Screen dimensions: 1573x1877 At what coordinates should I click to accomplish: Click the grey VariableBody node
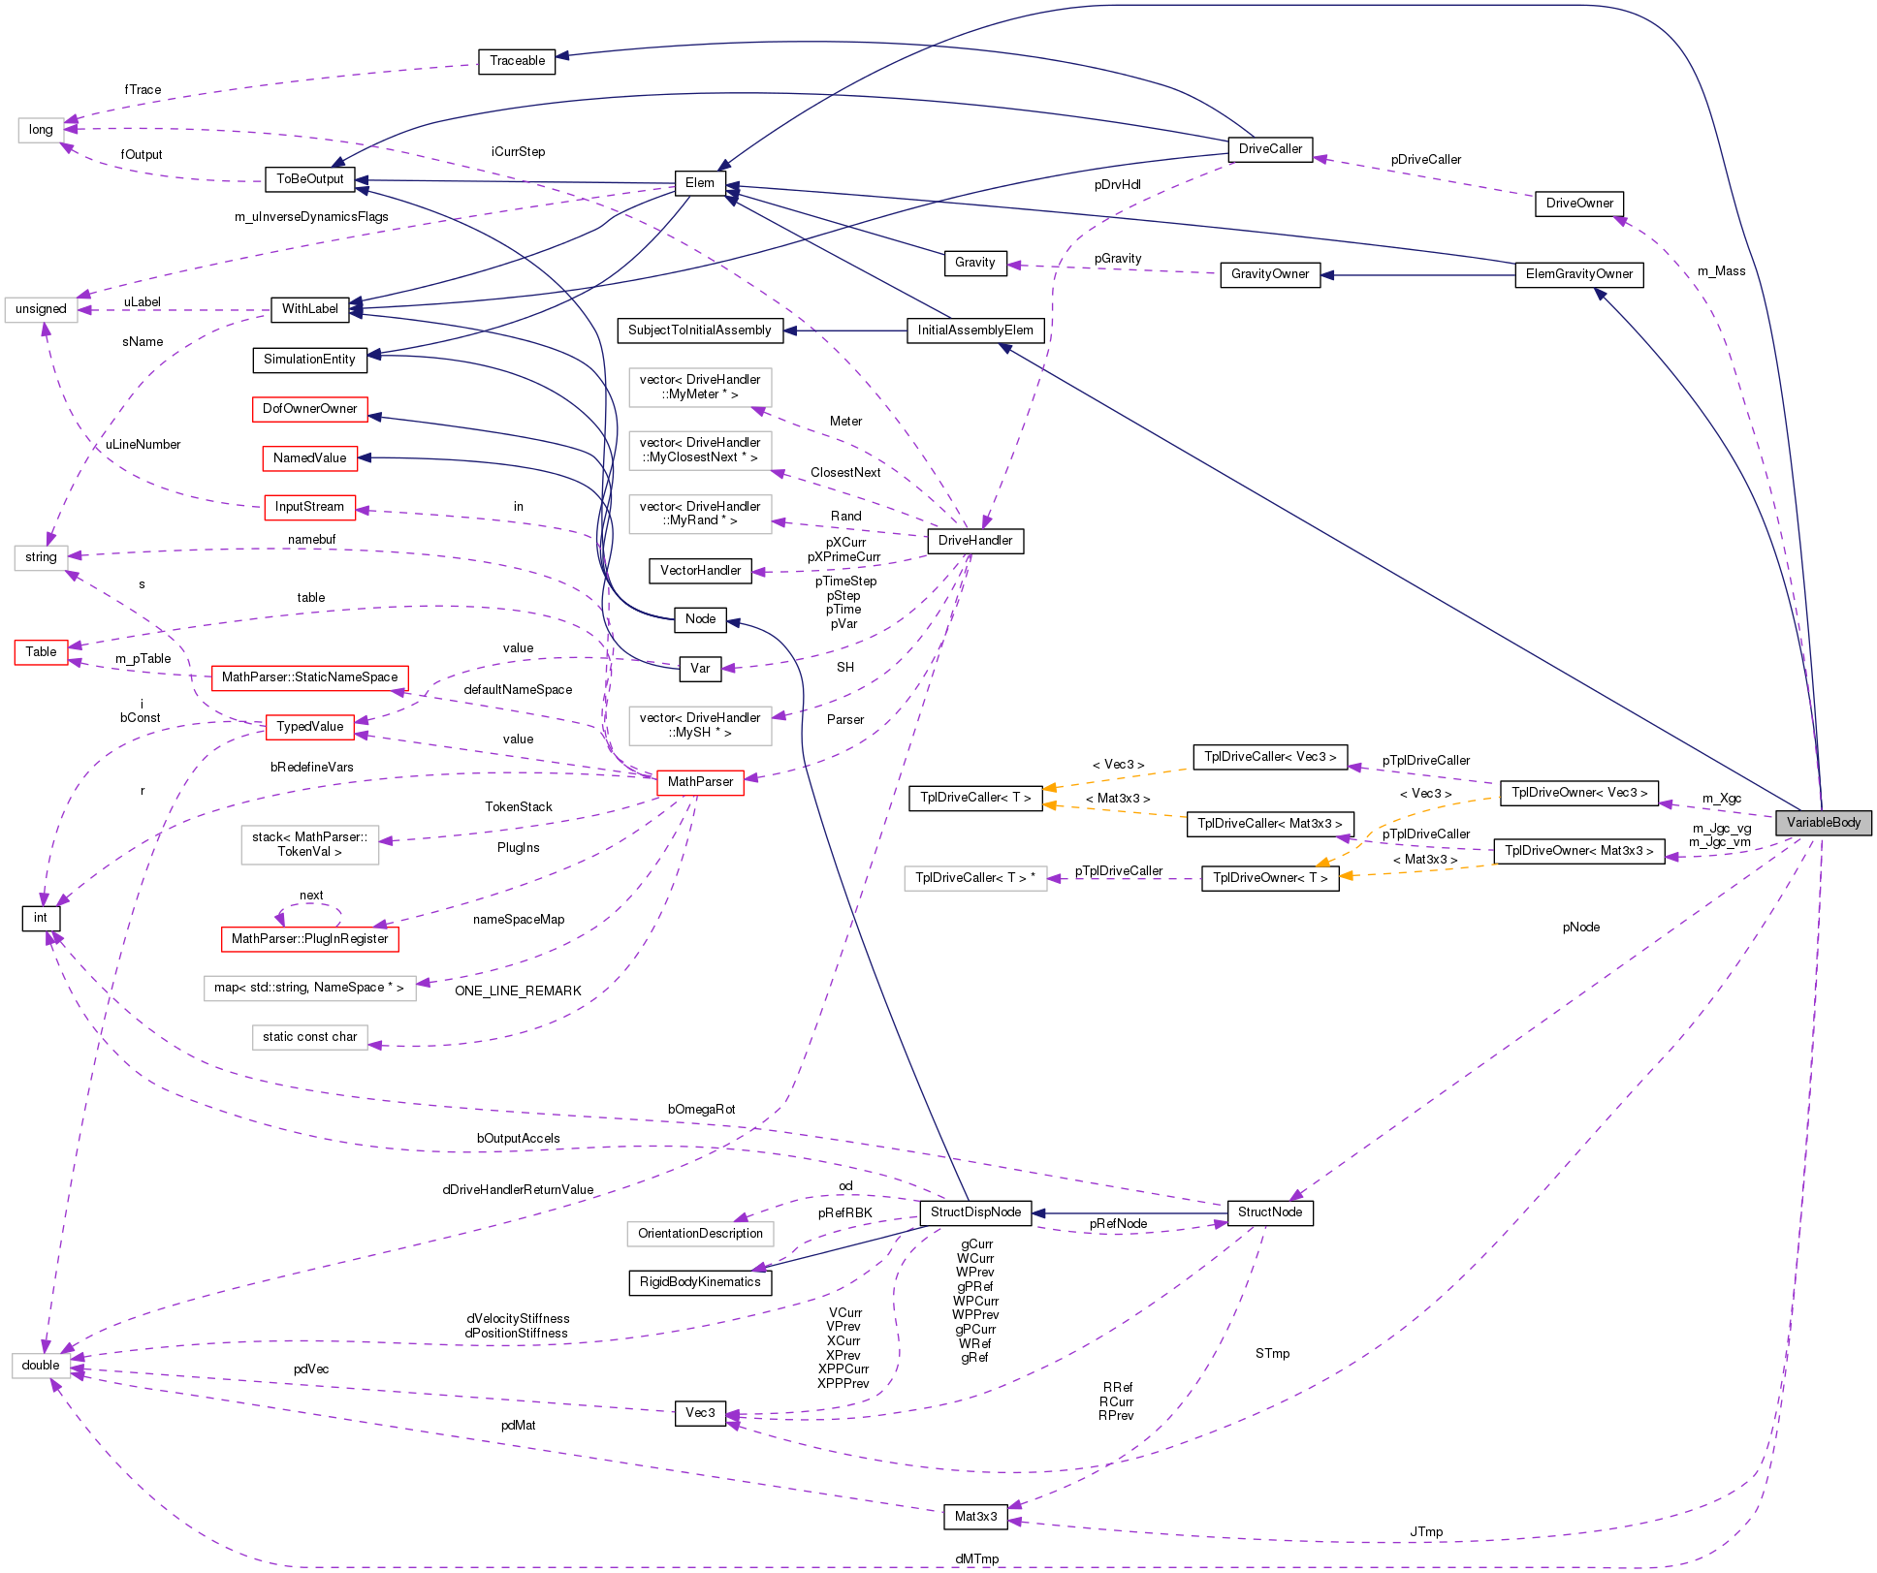pos(1823,823)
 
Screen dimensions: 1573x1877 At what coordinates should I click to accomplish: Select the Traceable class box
pos(517,61)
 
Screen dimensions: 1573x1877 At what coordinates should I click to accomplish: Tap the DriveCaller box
pos(1270,149)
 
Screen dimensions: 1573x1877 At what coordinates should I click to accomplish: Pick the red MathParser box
pos(700,782)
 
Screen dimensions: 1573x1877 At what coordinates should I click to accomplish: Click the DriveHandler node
pos(974,541)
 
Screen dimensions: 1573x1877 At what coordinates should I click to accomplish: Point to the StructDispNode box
pos(975,1212)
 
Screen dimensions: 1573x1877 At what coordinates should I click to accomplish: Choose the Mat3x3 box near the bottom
pos(975,1517)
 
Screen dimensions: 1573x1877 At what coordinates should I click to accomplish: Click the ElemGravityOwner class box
pos(1578,274)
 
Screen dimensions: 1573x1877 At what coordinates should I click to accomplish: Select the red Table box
pos(41,652)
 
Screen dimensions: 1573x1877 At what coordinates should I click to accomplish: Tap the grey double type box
pos(41,1366)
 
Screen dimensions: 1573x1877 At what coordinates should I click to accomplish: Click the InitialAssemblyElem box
pos(975,330)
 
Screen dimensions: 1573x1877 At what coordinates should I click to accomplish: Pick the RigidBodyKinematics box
pos(700,1282)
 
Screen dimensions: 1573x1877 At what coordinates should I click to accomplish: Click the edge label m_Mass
pos(1721,271)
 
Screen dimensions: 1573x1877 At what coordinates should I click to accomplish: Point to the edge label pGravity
pos(1117,259)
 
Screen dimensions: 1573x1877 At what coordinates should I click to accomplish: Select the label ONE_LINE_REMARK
pos(518,991)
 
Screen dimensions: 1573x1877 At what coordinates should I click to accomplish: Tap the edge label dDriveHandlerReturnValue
pos(518,1190)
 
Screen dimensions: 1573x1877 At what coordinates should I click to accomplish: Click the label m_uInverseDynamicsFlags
pos(311,217)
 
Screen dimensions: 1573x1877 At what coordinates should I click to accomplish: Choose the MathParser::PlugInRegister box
pos(309,939)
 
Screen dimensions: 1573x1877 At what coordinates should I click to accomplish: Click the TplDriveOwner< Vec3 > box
pos(1578,793)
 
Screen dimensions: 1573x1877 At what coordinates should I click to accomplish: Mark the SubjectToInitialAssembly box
pos(699,330)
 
